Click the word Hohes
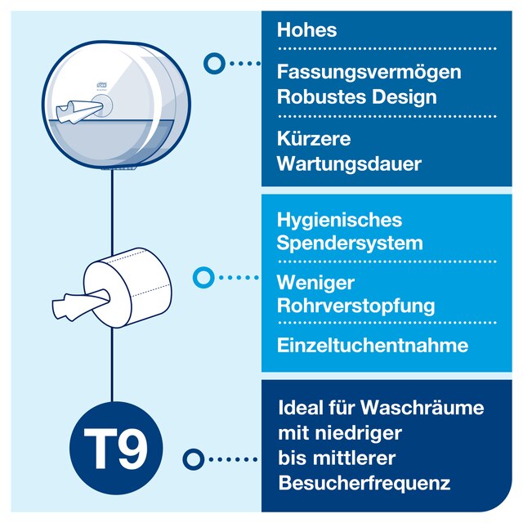click(x=306, y=29)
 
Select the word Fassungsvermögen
click(x=369, y=73)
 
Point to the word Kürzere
click(x=314, y=138)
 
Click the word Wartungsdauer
click(x=349, y=163)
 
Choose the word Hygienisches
click(x=339, y=221)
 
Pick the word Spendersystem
click(x=350, y=243)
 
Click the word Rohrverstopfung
click(x=356, y=306)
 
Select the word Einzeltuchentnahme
click(x=373, y=345)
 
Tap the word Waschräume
click(x=422, y=408)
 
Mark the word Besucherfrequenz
click(x=364, y=483)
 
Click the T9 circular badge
click(x=116, y=448)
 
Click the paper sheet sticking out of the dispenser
click(x=78, y=111)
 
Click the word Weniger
click(x=315, y=284)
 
